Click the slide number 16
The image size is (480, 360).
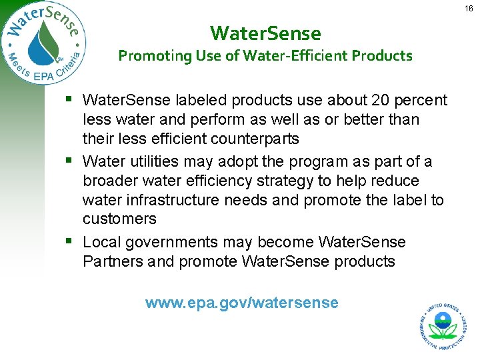pos(469,7)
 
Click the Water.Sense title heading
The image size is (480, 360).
pos(265,33)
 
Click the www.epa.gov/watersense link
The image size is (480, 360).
pos(241,303)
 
